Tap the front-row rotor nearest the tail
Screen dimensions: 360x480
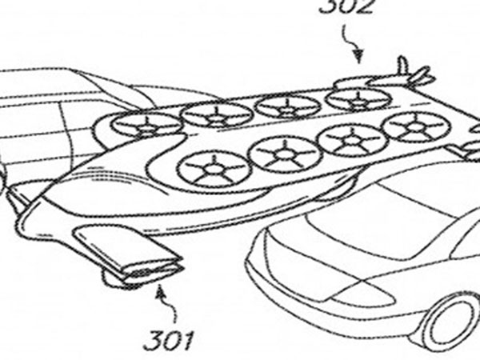[414, 126]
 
